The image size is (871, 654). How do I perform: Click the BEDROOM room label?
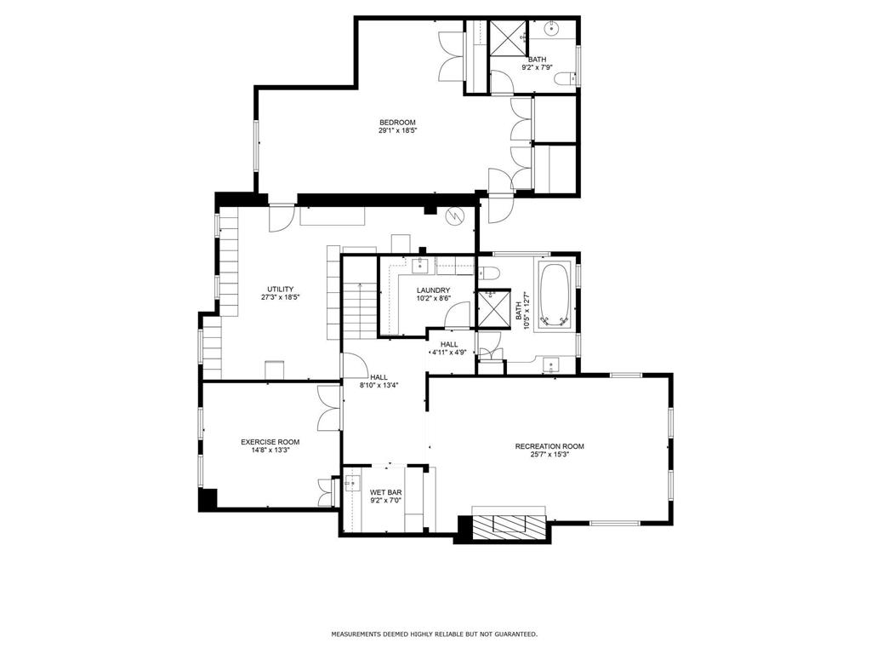coord(397,123)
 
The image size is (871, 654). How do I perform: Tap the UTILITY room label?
coord(281,290)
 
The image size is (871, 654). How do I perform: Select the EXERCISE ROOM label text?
coord(270,442)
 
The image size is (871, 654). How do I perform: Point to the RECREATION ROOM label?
coord(549,446)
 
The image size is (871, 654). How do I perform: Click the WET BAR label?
coord(385,492)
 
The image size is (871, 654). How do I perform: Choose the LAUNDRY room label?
coord(433,290)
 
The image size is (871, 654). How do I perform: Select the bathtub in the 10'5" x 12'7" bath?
coord(556,295)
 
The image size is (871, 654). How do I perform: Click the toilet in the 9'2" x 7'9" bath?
coord(563,79)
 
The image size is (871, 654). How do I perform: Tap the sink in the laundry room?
coord(420,266)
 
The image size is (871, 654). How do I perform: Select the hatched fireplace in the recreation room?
coord(509,528)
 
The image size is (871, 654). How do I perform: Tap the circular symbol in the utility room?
coord(455,216)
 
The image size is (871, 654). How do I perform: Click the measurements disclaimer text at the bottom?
coord(434,634)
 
